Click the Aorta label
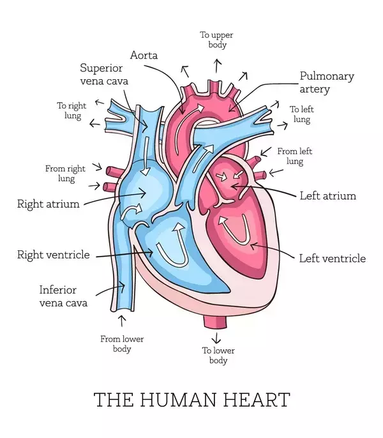pos(144,55)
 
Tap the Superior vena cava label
pos(104,74)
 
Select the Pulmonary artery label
pos(327,82)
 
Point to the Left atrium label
pos(328,196)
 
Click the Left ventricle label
pos(333,259)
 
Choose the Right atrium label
pos(49,204)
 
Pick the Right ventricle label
pos(54,255)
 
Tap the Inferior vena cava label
pos(63,296)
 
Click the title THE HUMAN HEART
pos(191,400)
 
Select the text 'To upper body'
pos(216,40)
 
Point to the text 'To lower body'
pos(218,355)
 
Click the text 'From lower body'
pos(122,344)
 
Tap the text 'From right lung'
pos(65,174)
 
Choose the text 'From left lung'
pos(295,156)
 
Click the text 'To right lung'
pos(71,110)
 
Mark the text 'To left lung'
pos(302,114)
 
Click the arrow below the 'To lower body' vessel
pos(216,338)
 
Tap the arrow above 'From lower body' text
pos(121,321)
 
